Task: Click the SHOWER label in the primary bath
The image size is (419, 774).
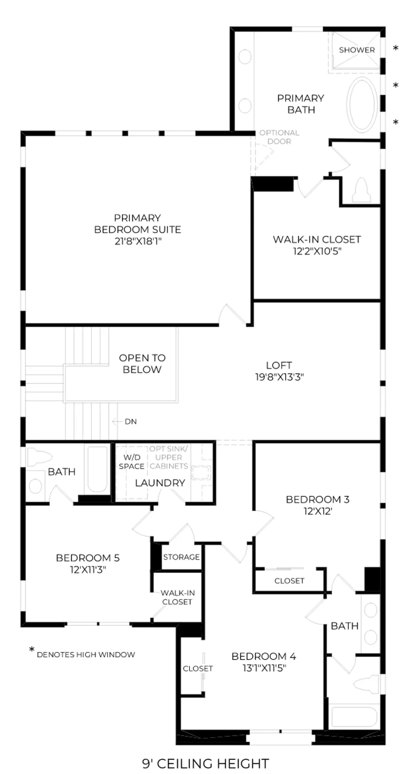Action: (x=357, y=50)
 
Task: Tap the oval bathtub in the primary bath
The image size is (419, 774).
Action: (x=362, y=104)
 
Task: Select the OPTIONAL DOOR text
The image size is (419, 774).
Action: (x=279, y=137)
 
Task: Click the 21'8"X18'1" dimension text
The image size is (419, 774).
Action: (x=138, y=241)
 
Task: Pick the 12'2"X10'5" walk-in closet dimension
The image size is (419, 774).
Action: (x=317, y=251)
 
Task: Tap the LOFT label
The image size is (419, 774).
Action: (x=279, y=365)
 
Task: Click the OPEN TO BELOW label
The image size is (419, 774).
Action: (x=142, y=363)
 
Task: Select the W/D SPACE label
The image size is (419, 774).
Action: (x=132, y=462)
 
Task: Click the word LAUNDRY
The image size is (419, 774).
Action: (x=160, y=483)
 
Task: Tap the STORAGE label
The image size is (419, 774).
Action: (x=181, y=557)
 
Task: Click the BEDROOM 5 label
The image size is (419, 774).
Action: (x=88, y=558)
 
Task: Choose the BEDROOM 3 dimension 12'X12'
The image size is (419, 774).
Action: (x=317, y=511)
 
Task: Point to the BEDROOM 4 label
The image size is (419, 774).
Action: (x=264, y=656)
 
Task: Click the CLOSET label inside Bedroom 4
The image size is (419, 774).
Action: (x=198, y=668)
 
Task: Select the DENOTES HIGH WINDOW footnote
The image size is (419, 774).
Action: (x=86, y=654)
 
